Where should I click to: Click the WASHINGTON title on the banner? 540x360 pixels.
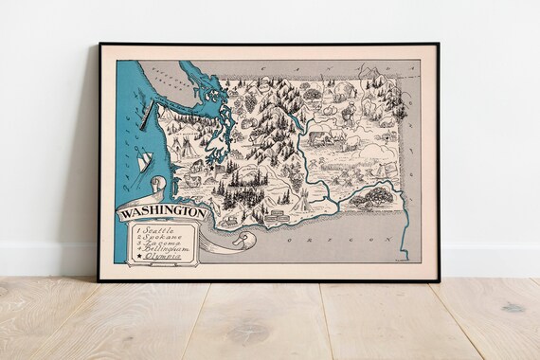(x=162, y=213)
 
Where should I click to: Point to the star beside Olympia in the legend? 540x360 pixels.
(x=137, y=259)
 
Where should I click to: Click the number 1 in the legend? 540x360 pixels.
(x=138, y=230)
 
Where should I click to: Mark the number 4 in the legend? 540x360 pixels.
(x=138, y=252)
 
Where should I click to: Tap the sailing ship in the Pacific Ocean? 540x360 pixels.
(x=144, y=163)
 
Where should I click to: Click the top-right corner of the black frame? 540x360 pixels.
(x=438, y=45)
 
